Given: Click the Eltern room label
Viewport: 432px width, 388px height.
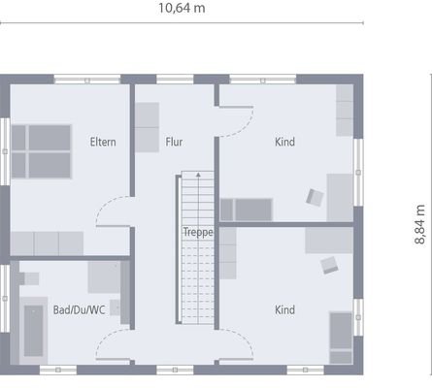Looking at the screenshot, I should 103,142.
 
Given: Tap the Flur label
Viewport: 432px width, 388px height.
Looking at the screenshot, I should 175,142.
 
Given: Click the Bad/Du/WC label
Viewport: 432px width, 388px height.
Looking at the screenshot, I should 77,310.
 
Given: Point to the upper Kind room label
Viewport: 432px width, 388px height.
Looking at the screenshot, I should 284,143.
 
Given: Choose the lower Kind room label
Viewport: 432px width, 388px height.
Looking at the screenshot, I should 284,310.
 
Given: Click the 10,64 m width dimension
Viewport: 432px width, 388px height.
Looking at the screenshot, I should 182,8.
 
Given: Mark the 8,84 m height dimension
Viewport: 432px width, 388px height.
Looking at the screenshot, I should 419,223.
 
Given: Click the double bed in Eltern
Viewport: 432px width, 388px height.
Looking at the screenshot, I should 43,150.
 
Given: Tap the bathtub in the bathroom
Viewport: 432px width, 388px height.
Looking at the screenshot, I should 34,330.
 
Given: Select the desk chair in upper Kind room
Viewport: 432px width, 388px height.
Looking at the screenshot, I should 316,197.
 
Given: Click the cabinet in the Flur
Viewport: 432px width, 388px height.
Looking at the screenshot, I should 147,127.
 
